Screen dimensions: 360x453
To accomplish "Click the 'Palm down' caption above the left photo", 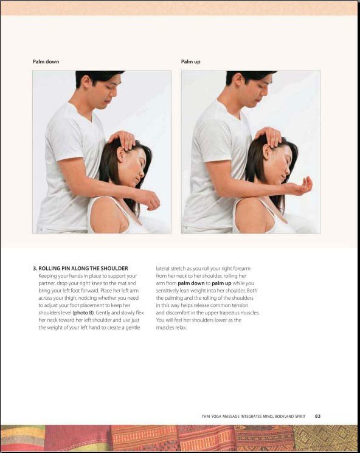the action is point(46,61).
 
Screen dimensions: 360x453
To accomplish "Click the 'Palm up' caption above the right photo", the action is point(190,61).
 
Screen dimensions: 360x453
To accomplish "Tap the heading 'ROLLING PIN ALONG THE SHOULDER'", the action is point(83,268).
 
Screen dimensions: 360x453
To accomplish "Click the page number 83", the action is point(317,417).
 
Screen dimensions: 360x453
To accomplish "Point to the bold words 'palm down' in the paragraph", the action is point(191,283).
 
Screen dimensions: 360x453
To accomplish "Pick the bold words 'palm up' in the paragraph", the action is point(221,283).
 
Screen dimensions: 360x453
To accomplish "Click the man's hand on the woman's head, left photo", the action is point(123,139).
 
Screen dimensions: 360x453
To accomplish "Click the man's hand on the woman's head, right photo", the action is point(269,136).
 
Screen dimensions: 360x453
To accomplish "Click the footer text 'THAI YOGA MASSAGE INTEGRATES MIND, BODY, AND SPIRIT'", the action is point(254,417).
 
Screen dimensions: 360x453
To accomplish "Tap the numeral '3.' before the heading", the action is point(35,268).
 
